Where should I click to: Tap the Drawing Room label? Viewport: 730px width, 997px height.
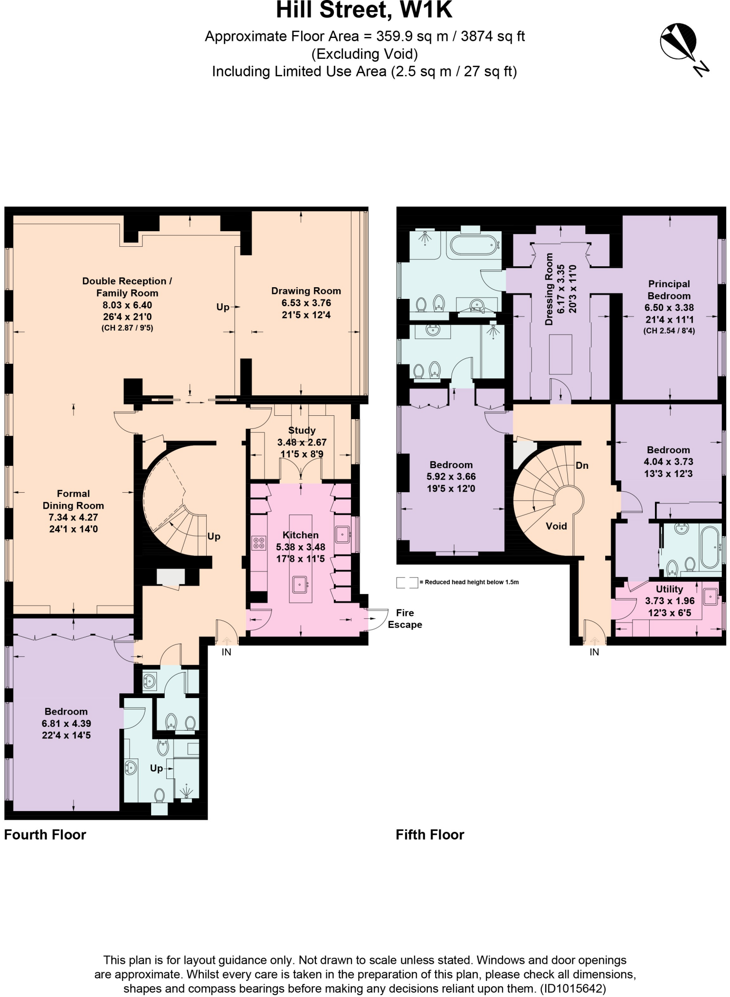306,291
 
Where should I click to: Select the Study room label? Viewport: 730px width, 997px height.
302,430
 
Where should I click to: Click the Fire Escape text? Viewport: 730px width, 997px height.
404,618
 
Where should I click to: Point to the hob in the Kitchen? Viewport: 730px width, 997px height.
259,542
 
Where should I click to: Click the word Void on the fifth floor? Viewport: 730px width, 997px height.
556,526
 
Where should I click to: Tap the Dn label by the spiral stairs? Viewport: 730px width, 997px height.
582,465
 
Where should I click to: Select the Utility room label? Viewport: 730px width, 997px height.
669,589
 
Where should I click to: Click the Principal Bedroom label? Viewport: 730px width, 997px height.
669,290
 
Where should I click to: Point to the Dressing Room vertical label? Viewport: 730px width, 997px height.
550,289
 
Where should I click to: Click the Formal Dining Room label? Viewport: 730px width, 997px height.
73,499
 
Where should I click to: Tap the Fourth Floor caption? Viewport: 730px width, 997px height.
45,834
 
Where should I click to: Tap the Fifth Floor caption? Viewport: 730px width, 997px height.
430,834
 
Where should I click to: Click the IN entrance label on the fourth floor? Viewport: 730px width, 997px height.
226,652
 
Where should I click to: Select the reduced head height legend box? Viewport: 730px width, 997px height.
407,582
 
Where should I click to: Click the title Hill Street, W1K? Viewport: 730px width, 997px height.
364,11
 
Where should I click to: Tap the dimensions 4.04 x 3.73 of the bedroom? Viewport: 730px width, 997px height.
668,462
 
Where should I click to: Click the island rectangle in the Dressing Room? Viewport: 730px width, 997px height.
560,354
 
